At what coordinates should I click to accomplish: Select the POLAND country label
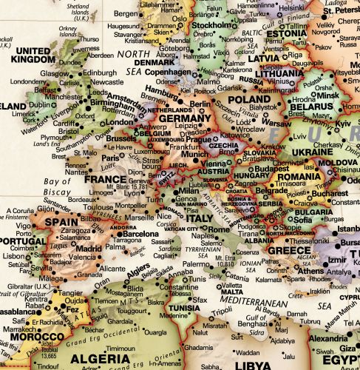[x=248, y=99]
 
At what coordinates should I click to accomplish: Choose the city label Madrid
[x=89, y=249]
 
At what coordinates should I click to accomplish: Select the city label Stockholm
[x=213, y=24]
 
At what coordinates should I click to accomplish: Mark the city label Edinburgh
[x=100, y=73]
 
